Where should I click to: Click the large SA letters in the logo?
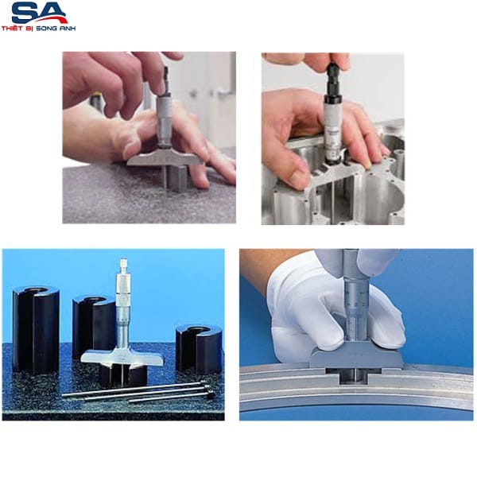pyautogui.click(x=39, y=12)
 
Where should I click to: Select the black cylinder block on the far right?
pyautogui.click(x=199, y=349)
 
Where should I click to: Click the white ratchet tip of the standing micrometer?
pyautogui.click(x=123, y=263)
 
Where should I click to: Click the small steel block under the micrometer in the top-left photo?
pyautogui.click(x=176, y=180)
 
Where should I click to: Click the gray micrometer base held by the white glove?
pyautogui.click(x=356, y=358)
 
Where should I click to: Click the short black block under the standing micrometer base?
pyautogui.click(x=123, y=375)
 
